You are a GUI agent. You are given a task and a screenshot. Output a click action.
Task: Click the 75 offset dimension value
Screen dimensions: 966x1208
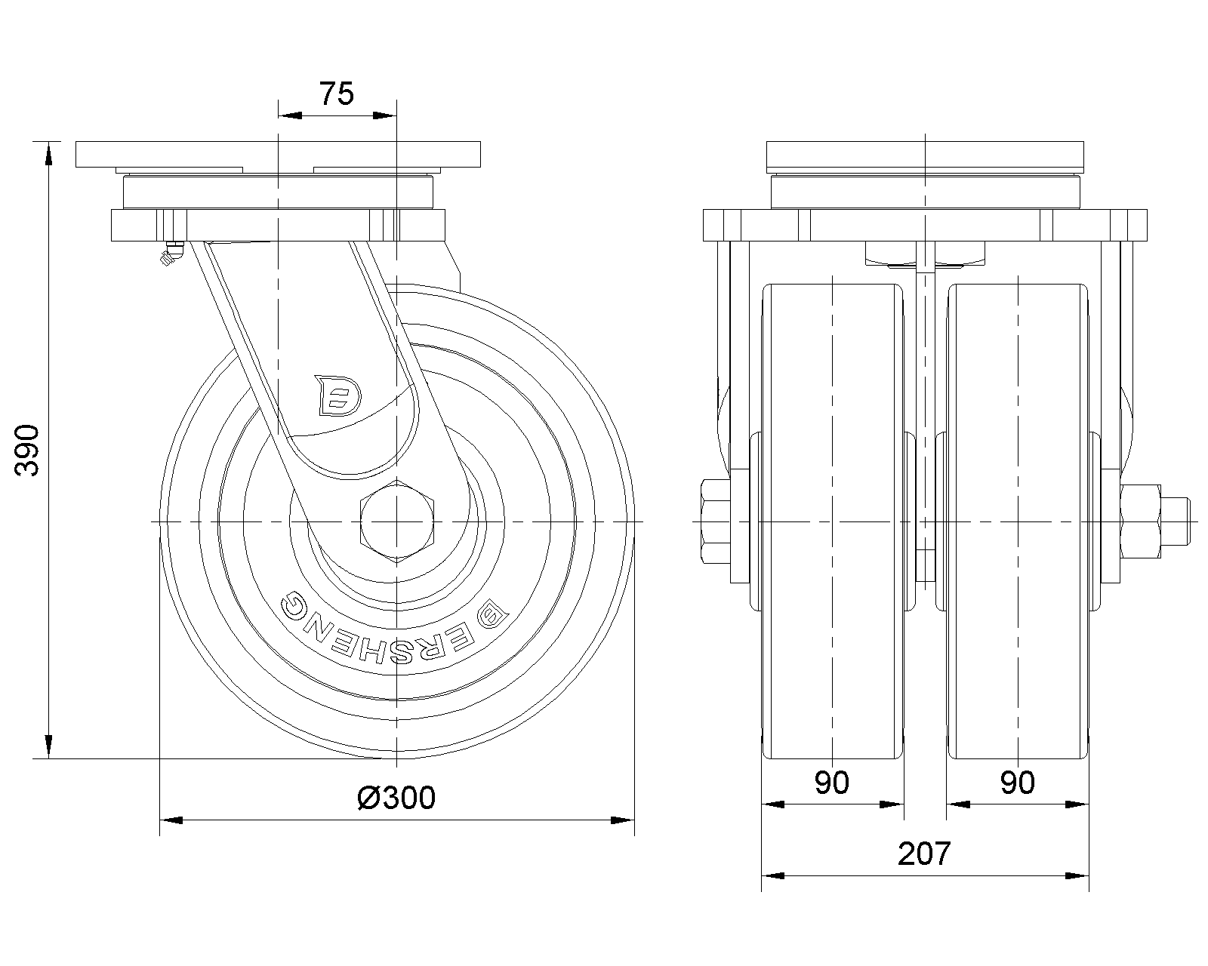click(337, 94)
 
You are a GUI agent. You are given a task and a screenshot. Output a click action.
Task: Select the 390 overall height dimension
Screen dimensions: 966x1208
click(28, 450)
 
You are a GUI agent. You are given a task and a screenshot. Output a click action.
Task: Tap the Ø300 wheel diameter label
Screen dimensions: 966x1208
click(396, 797)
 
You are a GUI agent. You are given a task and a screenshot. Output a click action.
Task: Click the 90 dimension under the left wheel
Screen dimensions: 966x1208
click(832, 783)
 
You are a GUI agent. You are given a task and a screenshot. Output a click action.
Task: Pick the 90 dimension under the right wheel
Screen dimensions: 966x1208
click(1017, 783)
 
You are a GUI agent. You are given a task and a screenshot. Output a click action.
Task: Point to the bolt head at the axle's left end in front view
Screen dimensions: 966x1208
click(715, 521)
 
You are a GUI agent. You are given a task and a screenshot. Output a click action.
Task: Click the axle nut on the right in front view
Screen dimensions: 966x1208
click(1142, 521)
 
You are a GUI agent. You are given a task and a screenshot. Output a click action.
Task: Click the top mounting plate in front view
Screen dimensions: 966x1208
click(926, 153)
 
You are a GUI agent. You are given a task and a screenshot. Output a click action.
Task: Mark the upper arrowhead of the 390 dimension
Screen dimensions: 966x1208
click(49, 152)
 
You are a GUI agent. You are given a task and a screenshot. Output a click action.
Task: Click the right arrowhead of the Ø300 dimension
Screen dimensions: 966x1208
click(622, 820)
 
